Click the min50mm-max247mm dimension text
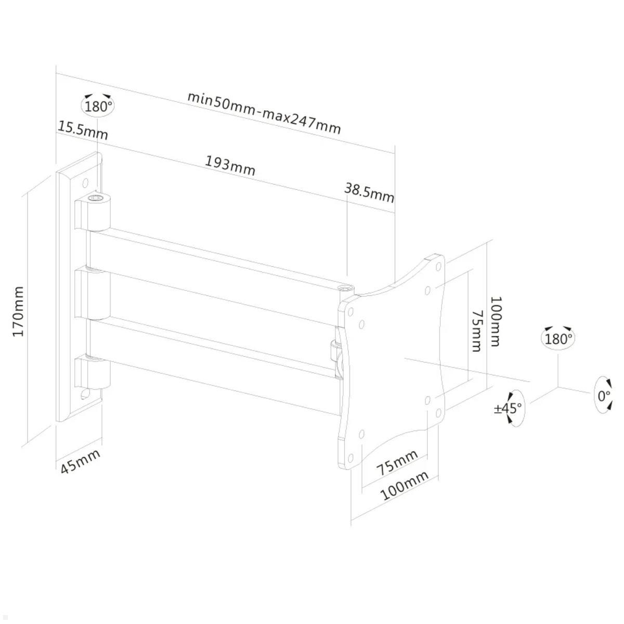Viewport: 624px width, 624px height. click(x=264, y=112)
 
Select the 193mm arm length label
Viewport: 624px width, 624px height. click(x=230, y=165)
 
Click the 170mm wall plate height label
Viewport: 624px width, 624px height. click(x=19, y=311)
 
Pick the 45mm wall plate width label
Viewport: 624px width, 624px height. click(x=80, y=461)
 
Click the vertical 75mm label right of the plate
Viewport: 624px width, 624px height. click(x=476, y=331)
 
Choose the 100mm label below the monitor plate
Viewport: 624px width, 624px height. click(x=405, y=485)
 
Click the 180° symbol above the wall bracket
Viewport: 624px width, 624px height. click(x=98, y=106)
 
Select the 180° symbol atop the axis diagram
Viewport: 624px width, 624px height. click(x=558, y=339)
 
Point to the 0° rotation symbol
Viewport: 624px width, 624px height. click(x=603, y=395)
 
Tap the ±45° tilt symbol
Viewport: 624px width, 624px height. click(x=509, y=408)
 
